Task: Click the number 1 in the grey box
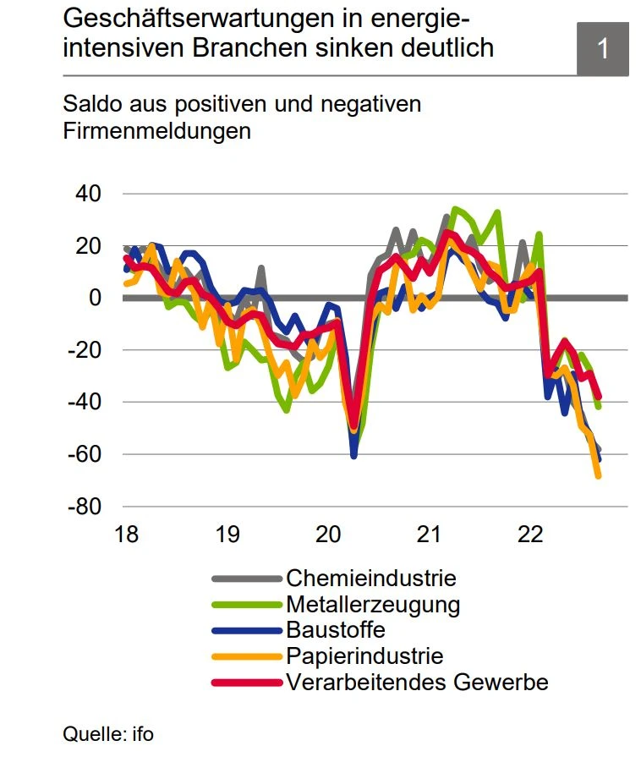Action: click(x=603, y=48)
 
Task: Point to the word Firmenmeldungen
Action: click(x=157, y=131)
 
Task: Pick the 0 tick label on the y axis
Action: click(x=96, y=298)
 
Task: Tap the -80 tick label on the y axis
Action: click(x=85, y=507)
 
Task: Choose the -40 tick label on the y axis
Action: click(x=85, y=402)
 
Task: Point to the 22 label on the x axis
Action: click(x=530, y=535)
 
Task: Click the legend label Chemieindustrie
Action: click(x=371, y=579)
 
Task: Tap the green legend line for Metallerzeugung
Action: click(x=246, y=605)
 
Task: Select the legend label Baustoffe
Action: click(x=336, y=630)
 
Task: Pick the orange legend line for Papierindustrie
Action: click(x=246, y=656)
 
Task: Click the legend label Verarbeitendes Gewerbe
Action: click(x=418, y=682)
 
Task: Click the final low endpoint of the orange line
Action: click(x=598, y=476)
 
